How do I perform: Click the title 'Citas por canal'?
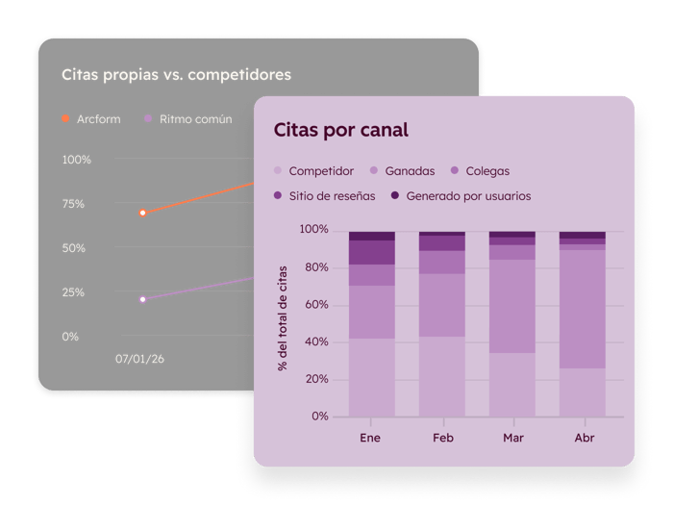tap(340, 130)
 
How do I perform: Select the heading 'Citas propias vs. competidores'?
tap(176, 74)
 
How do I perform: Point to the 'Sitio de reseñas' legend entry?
tap(327, 196)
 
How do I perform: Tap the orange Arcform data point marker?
tap(142, 213)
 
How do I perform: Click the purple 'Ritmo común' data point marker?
tap(142, 299)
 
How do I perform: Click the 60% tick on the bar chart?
tap(313, 305)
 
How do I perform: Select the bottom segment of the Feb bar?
tap(441, 376)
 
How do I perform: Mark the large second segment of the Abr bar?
tap(582, 309)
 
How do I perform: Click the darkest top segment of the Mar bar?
tap(511, 234)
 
